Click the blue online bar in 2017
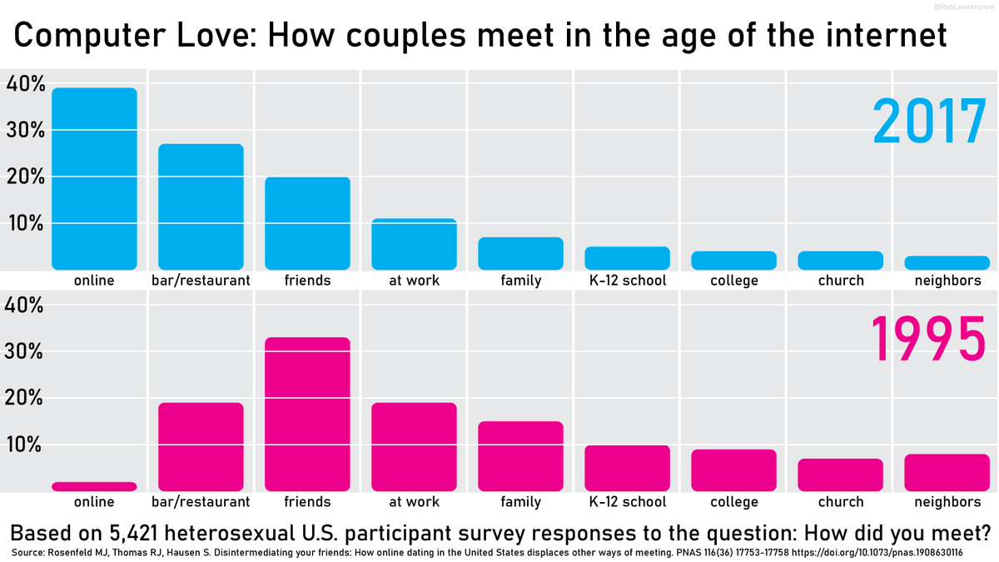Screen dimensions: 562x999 click(94, 179)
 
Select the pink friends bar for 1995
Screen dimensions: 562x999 click(307, 414)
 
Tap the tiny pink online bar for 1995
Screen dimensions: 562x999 click(94, 486)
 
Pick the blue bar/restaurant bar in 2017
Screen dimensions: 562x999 click(201, 206)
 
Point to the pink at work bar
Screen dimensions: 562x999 click(414, 446)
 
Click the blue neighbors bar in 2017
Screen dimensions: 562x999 click(947, 262)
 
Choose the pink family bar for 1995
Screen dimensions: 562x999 click(520, 455)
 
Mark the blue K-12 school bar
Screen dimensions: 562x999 click(627, 258)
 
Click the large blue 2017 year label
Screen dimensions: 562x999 click(928, 122)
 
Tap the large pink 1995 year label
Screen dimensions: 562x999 click(928, 340)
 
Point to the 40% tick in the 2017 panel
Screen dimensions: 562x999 click(25, 84)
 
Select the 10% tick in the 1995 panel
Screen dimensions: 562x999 click(25, 445)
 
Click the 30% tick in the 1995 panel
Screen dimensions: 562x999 click(25, 351)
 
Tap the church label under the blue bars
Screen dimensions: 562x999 click(841, 281)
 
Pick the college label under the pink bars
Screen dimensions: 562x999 click(734, 502)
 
